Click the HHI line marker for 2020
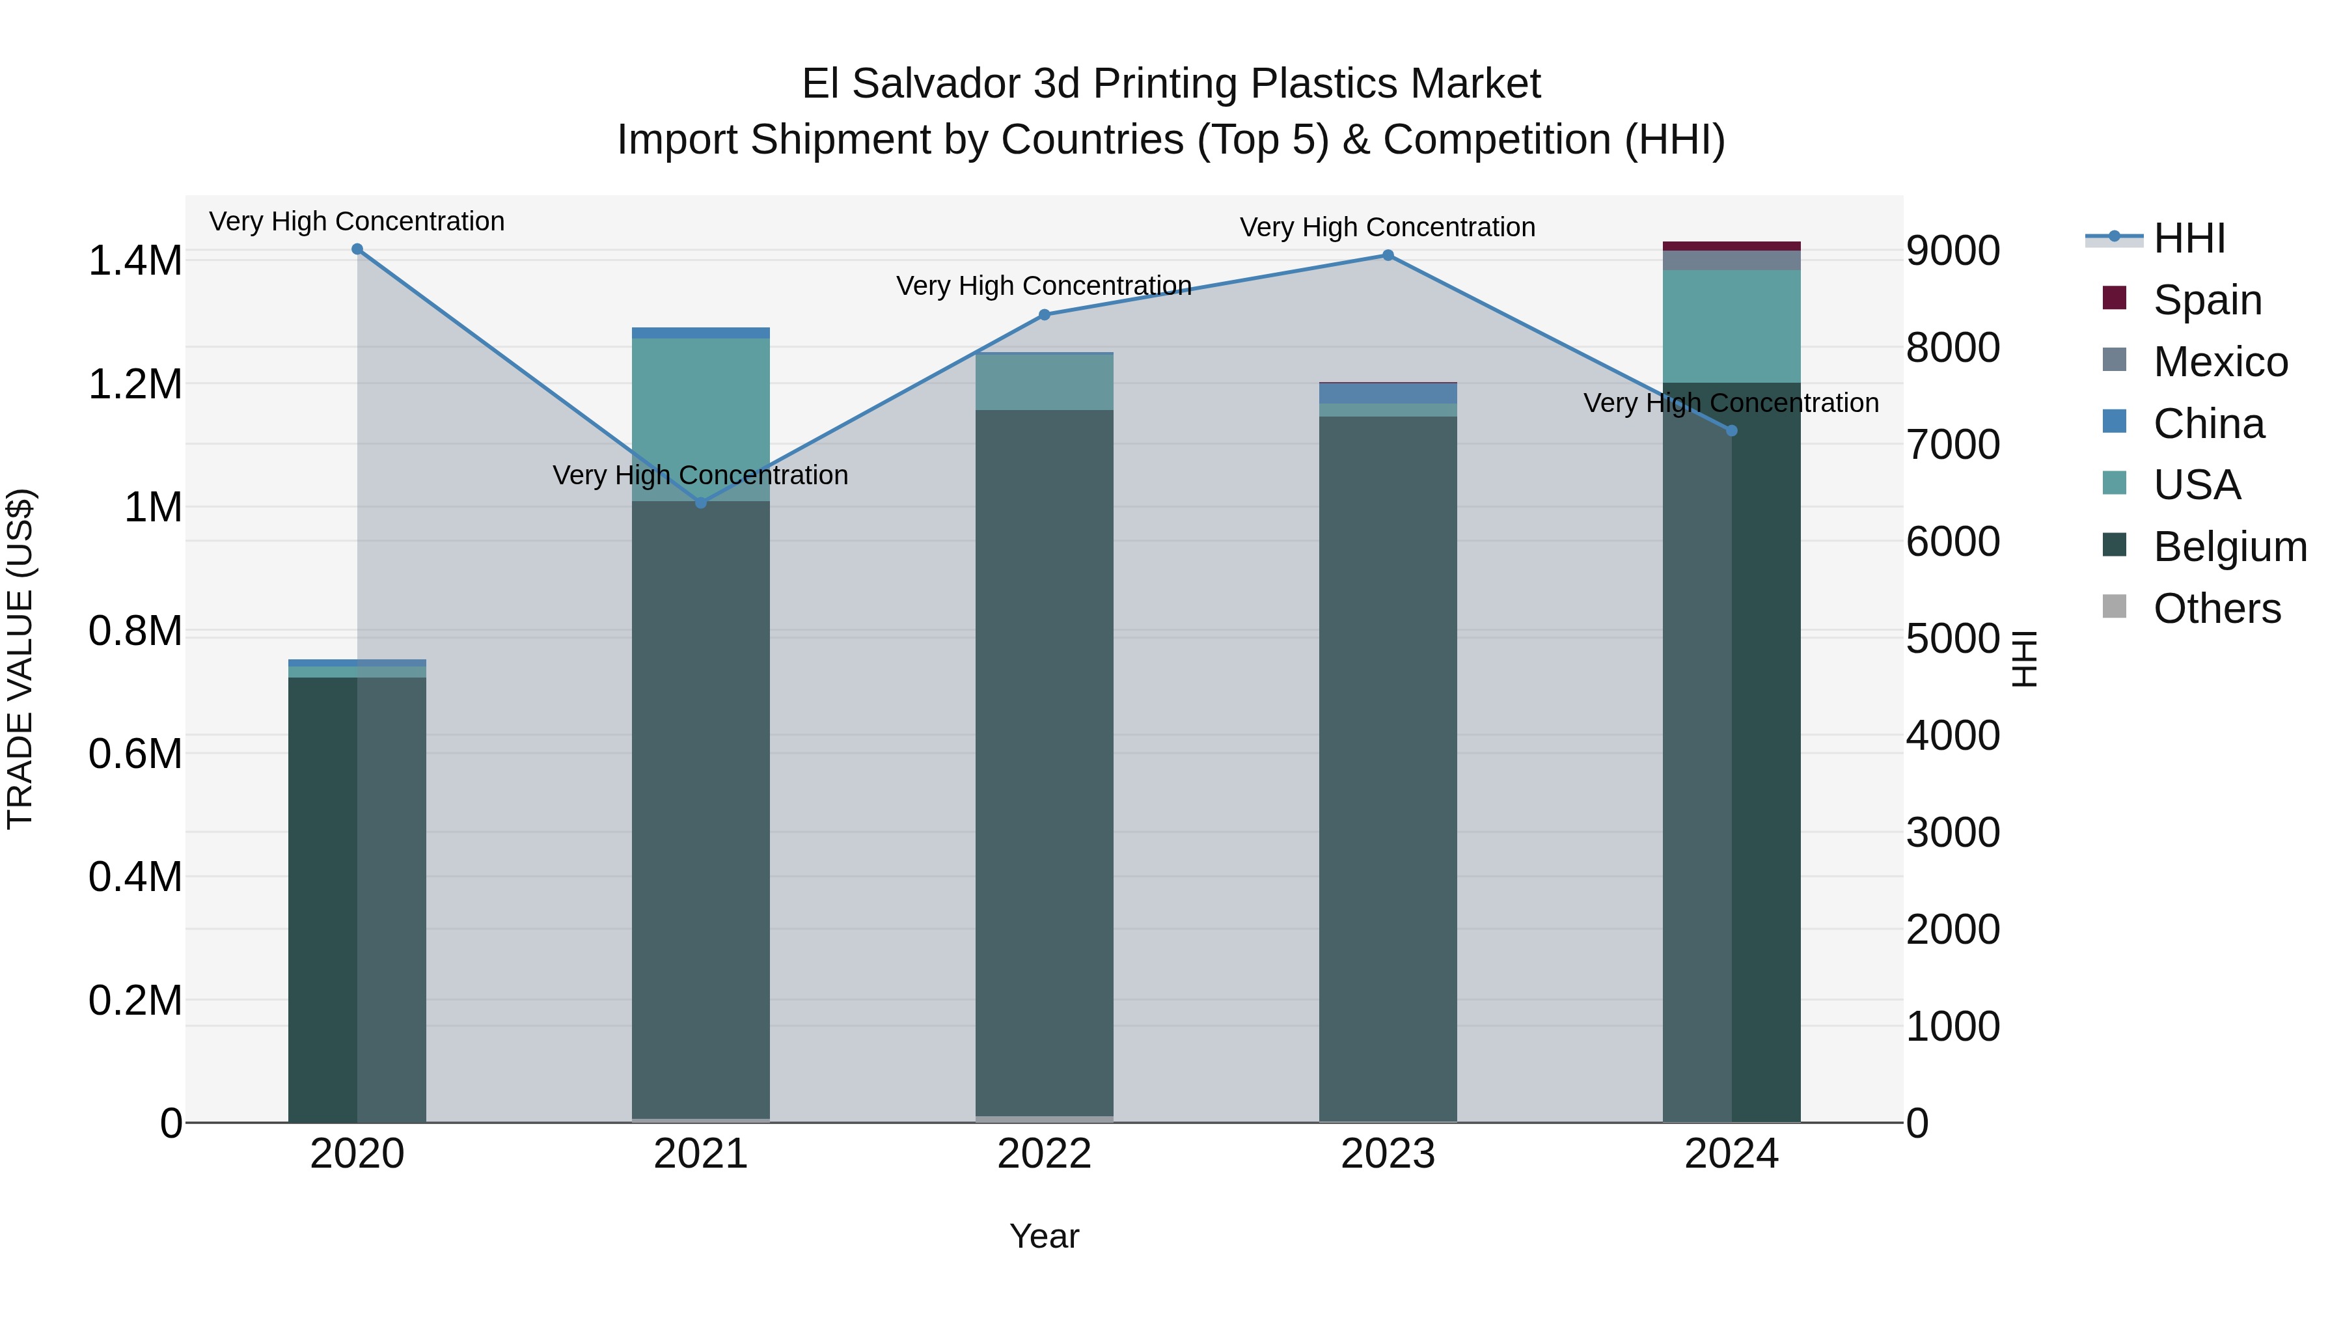click(357, 249)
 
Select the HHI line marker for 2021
click(701, 503)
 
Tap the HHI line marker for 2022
click(1044, 315)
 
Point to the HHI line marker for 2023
click(1388, 256)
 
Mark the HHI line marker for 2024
click(1732, 431)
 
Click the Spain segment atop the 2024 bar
click(1732, 245)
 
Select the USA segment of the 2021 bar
click(701, 419)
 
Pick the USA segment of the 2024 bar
click(1732, 325)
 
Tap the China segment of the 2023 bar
click(1388, 393)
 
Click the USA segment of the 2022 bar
click(1044, 382)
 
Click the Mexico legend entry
click(2220, 362)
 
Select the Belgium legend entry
click(2229, 547)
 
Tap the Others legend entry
click(2217, 609)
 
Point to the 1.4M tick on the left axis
click(135, 261)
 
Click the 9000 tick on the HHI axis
click(1953, 251)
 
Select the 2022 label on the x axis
click(1044, 1154)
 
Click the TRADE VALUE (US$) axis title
click(20, 659)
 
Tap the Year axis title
click(1044, 1236)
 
